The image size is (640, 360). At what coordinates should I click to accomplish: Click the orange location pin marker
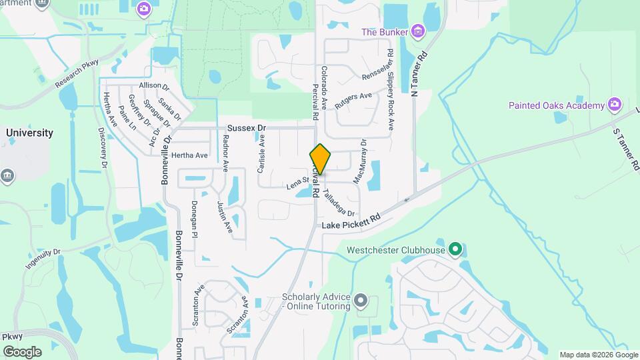pyautogui.click(x=321, y=159)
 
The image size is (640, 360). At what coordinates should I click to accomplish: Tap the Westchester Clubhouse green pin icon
pyautogui.click(x=455, y=250)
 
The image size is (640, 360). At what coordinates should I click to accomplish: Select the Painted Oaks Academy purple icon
pyautogui.click(x=615, y=105)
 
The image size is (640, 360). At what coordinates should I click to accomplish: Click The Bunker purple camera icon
pyautogui.click(x=418, y=31)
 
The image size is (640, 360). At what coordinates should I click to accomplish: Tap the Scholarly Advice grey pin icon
pyautogui.click(x=361, y=301)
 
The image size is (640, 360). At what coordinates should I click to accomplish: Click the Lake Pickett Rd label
pyautogui.click(x=351, y=222)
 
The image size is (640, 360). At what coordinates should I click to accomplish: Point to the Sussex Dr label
pyautogui.click(x=246, y=127)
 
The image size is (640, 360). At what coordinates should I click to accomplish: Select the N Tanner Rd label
pyautogui.click(x=418, y=73)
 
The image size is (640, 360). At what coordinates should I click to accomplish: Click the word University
pyautogui.click(x=29, y=133)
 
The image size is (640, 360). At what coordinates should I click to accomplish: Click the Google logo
pyautogui.click(x=22, y=351)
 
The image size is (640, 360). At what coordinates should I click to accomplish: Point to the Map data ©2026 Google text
pyautogui.click(x=597, y=355)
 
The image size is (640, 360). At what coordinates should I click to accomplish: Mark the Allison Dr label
pyautogui.click(x=155, y=86)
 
